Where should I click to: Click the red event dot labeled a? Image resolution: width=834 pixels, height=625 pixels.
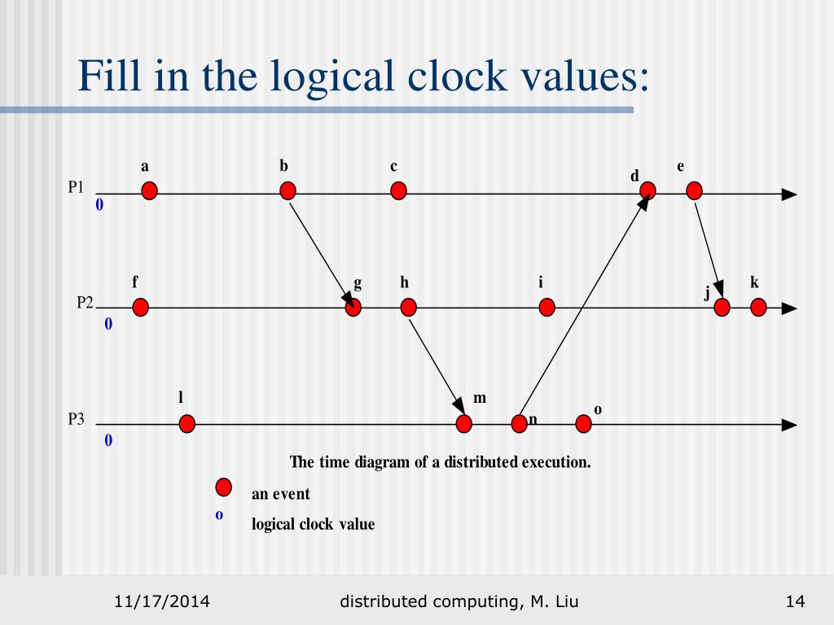(149, 191)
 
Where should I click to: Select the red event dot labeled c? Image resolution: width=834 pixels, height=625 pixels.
(398, 191)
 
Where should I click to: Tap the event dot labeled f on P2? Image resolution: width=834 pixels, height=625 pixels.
(140, 308)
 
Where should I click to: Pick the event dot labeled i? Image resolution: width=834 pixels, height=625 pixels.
(546, 308)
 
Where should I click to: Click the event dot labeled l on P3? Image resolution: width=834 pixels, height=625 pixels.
(187, 424)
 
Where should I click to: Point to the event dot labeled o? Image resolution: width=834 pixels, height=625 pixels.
(583, 424)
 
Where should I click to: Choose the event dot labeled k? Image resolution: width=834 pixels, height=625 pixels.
(758, 308)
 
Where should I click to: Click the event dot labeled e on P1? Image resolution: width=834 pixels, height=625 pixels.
(694, 191)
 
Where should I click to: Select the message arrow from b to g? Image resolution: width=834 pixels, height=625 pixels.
(320, 249)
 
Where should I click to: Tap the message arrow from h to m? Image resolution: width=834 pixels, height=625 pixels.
(436, 365)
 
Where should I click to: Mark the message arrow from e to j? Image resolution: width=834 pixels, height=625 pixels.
(707, 249)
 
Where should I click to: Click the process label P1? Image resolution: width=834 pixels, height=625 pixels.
(76, 187)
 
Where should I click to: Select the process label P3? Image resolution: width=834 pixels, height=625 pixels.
(76, 420)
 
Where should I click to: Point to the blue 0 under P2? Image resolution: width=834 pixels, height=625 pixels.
(108, 325)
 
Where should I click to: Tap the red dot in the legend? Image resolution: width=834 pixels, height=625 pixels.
(223, 487)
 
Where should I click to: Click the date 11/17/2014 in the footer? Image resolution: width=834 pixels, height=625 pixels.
(162, 601)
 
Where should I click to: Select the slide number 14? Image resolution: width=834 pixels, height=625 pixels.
(795, 601)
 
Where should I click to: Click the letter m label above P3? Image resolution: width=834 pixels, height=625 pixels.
(480, 398)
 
